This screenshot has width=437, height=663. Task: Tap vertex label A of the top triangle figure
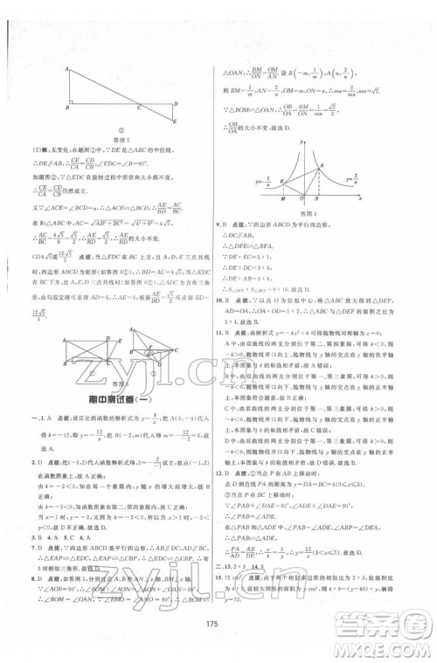(x=66, y=67)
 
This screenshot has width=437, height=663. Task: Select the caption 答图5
(x=122, y=136)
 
